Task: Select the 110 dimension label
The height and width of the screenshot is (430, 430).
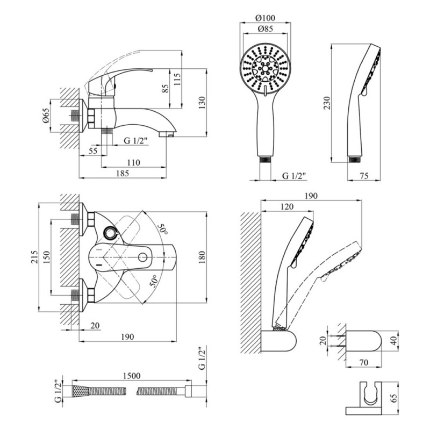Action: (133, 162)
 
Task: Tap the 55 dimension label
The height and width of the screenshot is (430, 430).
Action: (92, 152)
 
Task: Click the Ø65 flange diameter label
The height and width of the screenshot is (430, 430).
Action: (46, 116)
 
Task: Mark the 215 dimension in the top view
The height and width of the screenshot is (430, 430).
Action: (33, 256)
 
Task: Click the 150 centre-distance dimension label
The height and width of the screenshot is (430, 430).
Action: (46, 256)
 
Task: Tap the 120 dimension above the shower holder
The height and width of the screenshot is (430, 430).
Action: (287, 207)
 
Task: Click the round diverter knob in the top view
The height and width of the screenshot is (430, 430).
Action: (111, 233)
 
